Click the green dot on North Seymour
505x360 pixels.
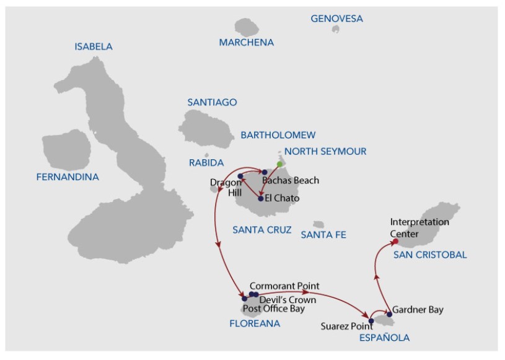[279, 164]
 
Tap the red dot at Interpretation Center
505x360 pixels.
[395, 241]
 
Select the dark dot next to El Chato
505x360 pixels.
[260, 199]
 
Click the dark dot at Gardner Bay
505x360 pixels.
[389, 314]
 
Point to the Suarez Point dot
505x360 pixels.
[371, 321]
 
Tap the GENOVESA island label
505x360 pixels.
[336, 19]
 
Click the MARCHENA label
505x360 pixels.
[247, 43]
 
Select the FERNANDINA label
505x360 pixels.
[68, 177]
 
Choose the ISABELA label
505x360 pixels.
[94, 46]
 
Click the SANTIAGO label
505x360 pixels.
[213, 102]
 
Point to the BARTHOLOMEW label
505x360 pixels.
[278, 135]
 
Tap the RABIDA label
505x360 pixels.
[206, 163]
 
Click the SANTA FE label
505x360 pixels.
[323, 235]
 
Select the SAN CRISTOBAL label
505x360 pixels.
[430, 255]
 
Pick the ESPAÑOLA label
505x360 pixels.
[385, 337]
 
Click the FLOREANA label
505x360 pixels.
[255, 323]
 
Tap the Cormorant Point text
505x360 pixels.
[284, 286]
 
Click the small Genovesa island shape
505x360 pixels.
[336, 29]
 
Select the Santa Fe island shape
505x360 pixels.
[318, 224]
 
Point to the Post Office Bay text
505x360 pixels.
[274, 309]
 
